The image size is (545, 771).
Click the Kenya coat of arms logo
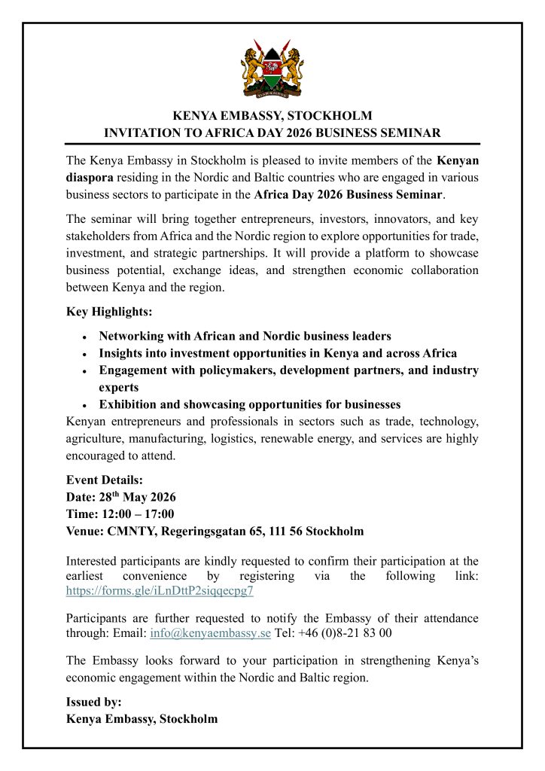pos(272,72)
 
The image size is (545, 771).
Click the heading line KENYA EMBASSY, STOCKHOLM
pos(272,116)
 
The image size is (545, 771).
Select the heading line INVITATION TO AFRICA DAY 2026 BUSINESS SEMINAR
pos(272,133)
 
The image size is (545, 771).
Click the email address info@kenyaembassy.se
pos(211,632)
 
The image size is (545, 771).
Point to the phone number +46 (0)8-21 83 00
pos(344,632)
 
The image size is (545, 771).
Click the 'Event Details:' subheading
pos(105,480)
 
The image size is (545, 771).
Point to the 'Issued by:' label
pos(94,702)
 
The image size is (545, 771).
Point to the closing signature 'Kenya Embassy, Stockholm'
pos(142,718)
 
